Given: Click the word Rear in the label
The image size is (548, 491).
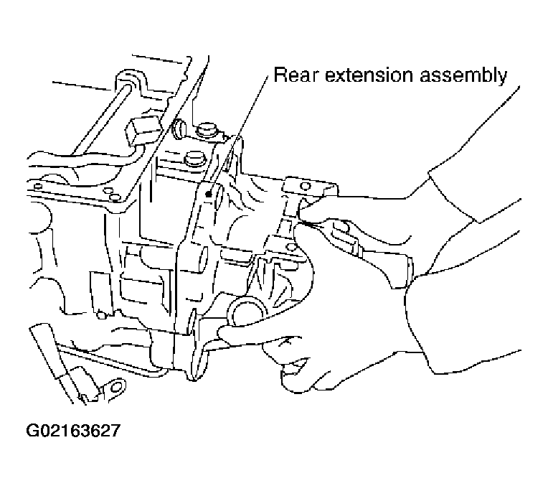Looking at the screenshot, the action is point(296,75).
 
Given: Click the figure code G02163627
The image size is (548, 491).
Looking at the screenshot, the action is point(73,431).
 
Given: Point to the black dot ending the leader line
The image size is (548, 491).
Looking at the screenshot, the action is point(209,194).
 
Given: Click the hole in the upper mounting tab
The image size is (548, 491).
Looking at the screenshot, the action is point(306,186).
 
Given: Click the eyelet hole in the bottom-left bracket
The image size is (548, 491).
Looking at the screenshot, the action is point(115,387).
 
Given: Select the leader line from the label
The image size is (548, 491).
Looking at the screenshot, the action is point(238,134).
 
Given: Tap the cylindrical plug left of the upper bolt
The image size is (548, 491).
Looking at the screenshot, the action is point(179,127).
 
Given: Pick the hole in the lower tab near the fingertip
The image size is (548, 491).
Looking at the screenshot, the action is point(290,247).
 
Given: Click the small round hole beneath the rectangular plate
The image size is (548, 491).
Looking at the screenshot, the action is point(102,315).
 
